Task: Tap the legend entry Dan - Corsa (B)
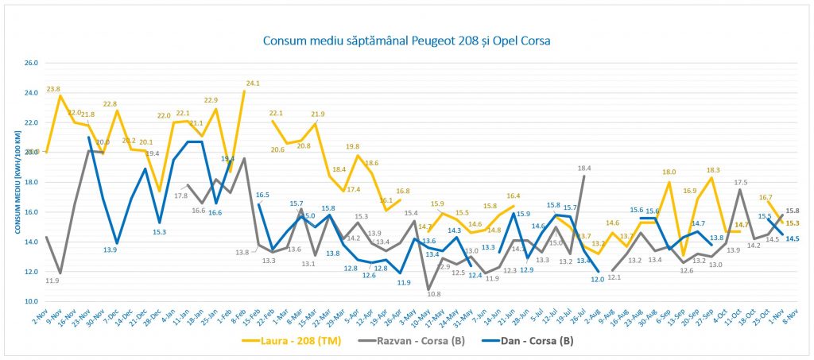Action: point(533,342)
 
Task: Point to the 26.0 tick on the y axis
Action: point(31,63)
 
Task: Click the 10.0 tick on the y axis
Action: point(31,302)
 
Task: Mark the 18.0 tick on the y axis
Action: point(31,182)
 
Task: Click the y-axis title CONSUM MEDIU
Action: point(15,182)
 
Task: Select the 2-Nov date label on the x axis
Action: point(41,315)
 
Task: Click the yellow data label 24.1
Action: point(253,83)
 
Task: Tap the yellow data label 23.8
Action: point(53,89)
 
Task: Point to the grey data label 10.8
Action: point(434,294)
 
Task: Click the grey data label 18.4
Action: point(584,168)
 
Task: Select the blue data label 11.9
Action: point(404,282)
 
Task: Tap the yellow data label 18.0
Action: point(669,172)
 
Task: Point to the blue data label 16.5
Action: point(262,195)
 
